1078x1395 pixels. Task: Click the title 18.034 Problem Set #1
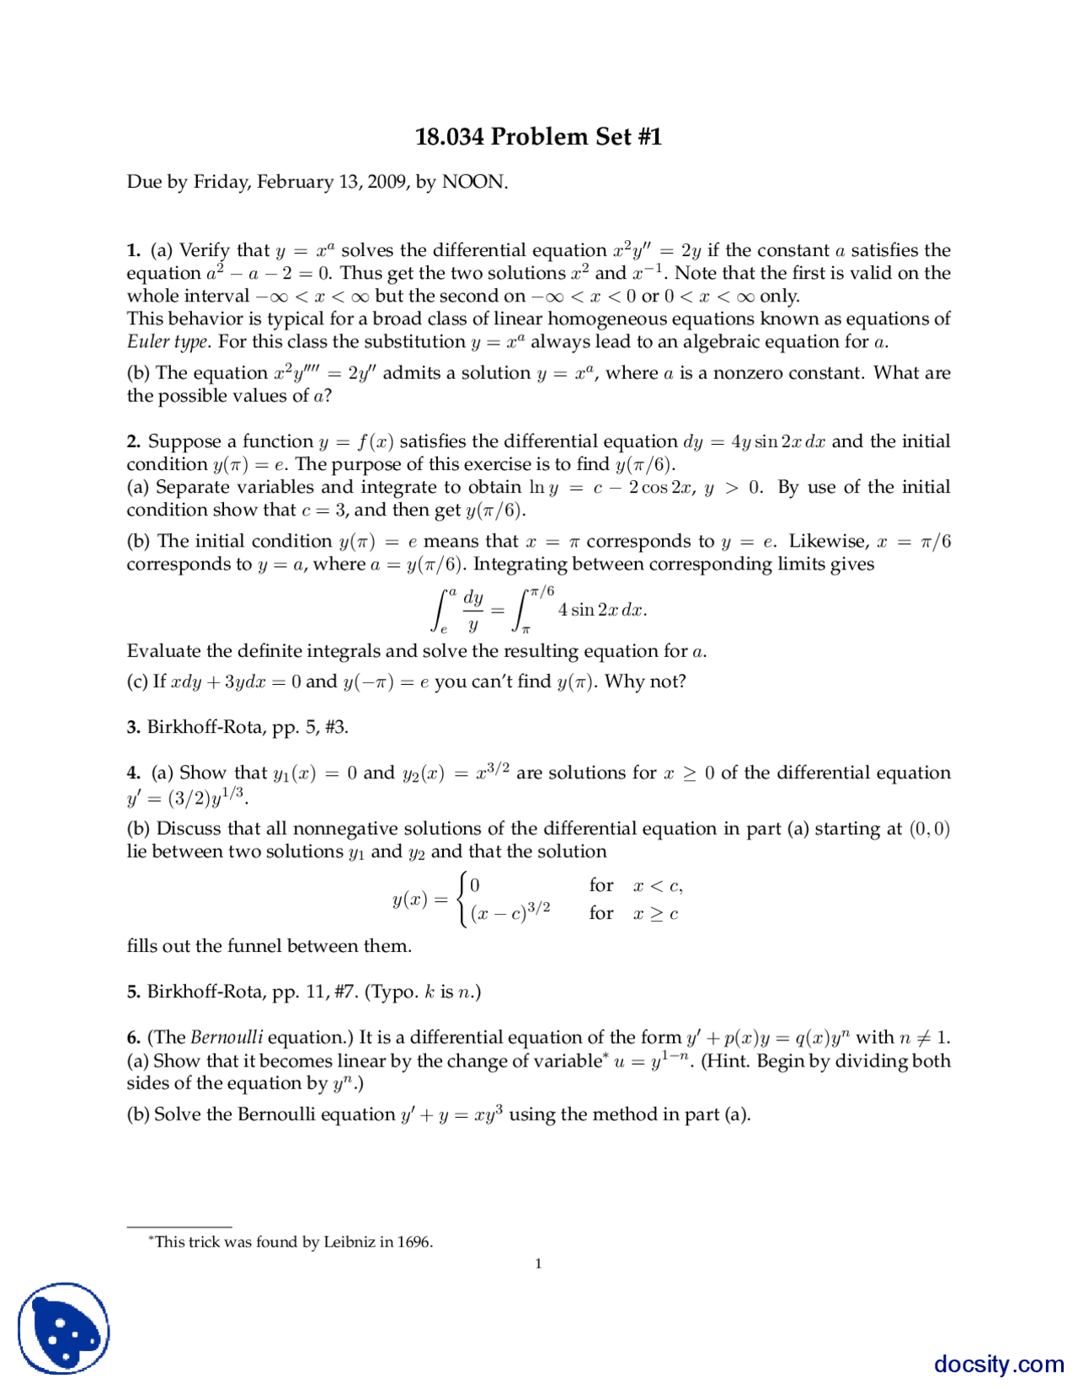(538, 136)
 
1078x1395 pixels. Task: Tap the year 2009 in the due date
(387, 182)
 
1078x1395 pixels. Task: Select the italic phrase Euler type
(167, 342)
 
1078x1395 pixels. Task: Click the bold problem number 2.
(133, 441)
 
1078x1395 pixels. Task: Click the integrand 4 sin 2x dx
(601, 610)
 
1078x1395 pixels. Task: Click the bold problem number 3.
(133, 727)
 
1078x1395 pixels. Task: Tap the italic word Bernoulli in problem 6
(227, 1038)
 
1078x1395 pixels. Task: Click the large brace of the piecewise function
(461, 900)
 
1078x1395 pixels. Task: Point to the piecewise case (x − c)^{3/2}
(510, 913)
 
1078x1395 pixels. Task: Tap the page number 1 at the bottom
(538, 1264)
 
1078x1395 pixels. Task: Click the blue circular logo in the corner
(64, 1328)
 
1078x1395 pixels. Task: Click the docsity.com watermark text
(999, 1364)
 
